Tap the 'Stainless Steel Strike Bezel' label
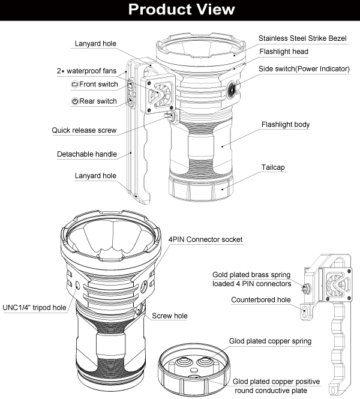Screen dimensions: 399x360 pos(304,38)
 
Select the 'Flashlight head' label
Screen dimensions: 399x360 pos(284,52)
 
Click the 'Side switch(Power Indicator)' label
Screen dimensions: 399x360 pos(304,69)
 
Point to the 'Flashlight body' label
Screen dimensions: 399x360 pos(286,125)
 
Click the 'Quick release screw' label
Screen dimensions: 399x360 pos(84,130)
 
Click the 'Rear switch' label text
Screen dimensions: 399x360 pos(98,101)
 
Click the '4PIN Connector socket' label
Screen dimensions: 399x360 pos(206,239)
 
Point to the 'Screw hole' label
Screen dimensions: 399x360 pos(170,316)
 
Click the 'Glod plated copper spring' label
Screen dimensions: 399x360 pos(270,341)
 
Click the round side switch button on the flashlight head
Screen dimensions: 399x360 pos(232,90)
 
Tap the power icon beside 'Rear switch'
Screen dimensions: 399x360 pos(74,101)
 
